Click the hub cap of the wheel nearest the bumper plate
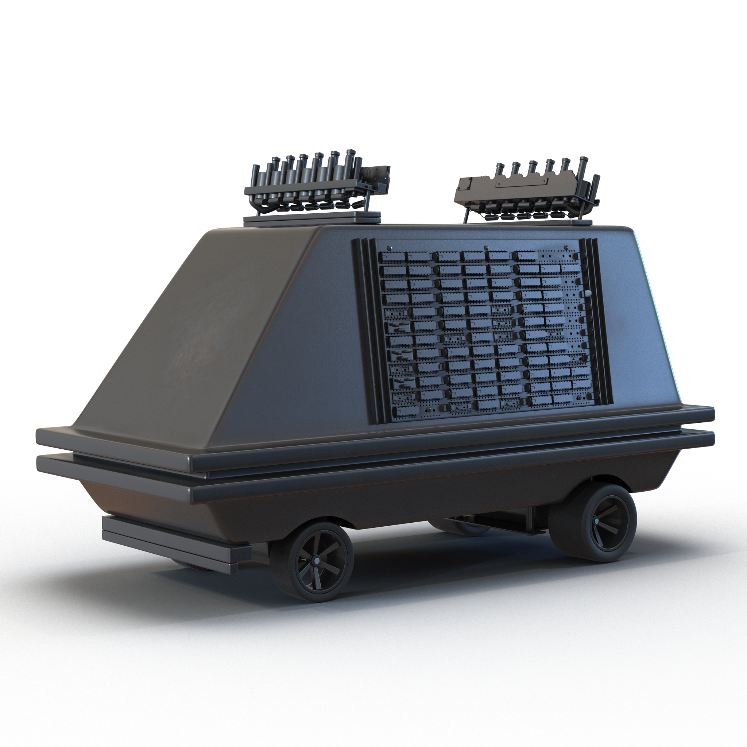click(x=316, y=561)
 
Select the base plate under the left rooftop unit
click(x=311, y=218)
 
